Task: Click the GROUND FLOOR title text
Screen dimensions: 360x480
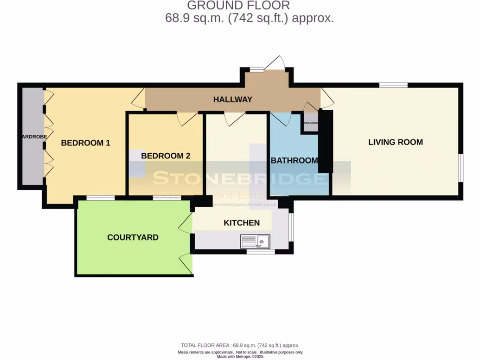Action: point(239,6)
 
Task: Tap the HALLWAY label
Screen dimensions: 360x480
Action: point(232,99)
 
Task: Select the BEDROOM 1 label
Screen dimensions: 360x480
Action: point(86,143)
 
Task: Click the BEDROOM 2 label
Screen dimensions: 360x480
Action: point(165,156)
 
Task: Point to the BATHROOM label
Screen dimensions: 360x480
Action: point(294,161)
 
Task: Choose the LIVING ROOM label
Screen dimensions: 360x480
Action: point(395,142)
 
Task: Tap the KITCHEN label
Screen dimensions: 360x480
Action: point(241,223)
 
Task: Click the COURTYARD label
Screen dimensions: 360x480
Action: point(133,238)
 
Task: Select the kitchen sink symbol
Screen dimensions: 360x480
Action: point(255,241)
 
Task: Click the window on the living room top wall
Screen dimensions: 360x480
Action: point(393,85)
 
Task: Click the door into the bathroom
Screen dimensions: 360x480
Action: point(281,118)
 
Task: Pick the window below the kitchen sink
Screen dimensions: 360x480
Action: point(261,252)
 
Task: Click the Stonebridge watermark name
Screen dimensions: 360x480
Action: point(239,179)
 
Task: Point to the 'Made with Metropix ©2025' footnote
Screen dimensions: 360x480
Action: point(240,356)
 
